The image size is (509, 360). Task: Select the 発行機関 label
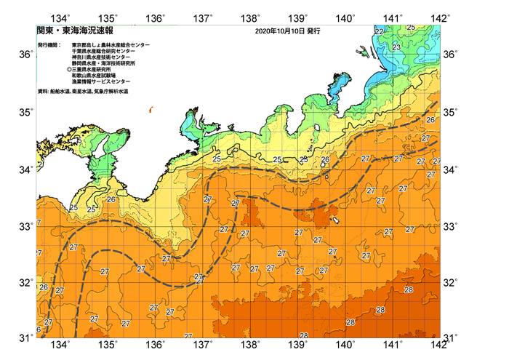click(49, 45)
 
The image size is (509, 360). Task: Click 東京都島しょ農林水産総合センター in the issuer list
click(111, 45)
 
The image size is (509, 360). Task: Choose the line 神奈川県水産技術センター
click(105, 58)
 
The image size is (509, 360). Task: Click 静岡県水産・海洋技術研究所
click(107, 65)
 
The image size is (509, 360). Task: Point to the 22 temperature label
click(379, 32)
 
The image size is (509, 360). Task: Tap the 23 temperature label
click(396, 47)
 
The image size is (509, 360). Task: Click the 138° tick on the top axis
click(251, 17)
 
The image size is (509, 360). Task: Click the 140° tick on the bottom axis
click(345, 345)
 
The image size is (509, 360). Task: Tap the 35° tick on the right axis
click(452, 113)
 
